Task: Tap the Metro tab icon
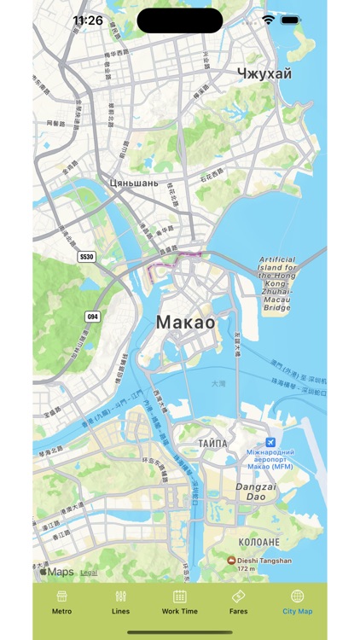point(61,596)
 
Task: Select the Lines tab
point(120,596)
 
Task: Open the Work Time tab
point(179,596)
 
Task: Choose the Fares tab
point(239,596)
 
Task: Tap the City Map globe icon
point(297,596)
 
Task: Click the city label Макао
point(185,322)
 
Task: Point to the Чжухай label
point(264,73)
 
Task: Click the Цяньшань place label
point(134,183)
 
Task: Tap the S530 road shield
point(86,256)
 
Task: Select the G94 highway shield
point(92,317)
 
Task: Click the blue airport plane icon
point(270,442)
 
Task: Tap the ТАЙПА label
point(212,444)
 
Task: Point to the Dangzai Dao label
point(250,491)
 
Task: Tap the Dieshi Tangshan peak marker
point(231,561)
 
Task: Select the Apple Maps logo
point(56,573)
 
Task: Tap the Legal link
point(89,573)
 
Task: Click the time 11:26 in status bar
point(88,20)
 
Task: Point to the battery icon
point(291,20)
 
